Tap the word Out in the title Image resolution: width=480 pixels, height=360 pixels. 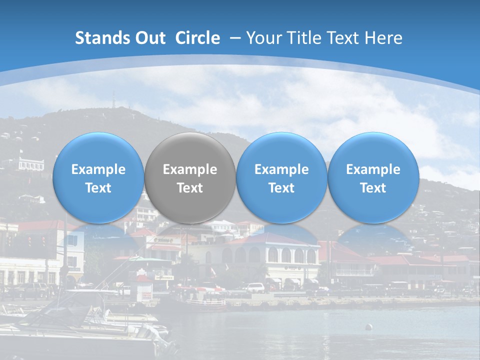coord(148,38)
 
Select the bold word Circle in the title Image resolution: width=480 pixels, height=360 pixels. coord(197,38)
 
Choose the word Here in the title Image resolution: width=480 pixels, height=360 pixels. coord(383,38)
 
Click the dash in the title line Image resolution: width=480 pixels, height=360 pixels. coord(235,38)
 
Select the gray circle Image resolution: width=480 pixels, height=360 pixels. coord(190,177)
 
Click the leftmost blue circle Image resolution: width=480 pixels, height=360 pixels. coord(98,177)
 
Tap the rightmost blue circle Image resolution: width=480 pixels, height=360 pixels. coord(373,177)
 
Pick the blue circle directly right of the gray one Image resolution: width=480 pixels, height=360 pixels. coord(281,177)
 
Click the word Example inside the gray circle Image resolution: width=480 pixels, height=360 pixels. coord(190,169)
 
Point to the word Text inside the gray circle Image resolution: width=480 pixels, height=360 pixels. coord(190,188)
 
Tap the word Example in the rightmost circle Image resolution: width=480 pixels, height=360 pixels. coord(373,169)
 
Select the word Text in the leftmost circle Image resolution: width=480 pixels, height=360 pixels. coord(98,188)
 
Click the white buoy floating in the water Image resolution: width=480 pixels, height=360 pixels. coord(368,327)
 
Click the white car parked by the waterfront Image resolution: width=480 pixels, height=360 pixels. coord(254,288)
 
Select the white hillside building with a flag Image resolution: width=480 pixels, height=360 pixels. coord(30,162)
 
